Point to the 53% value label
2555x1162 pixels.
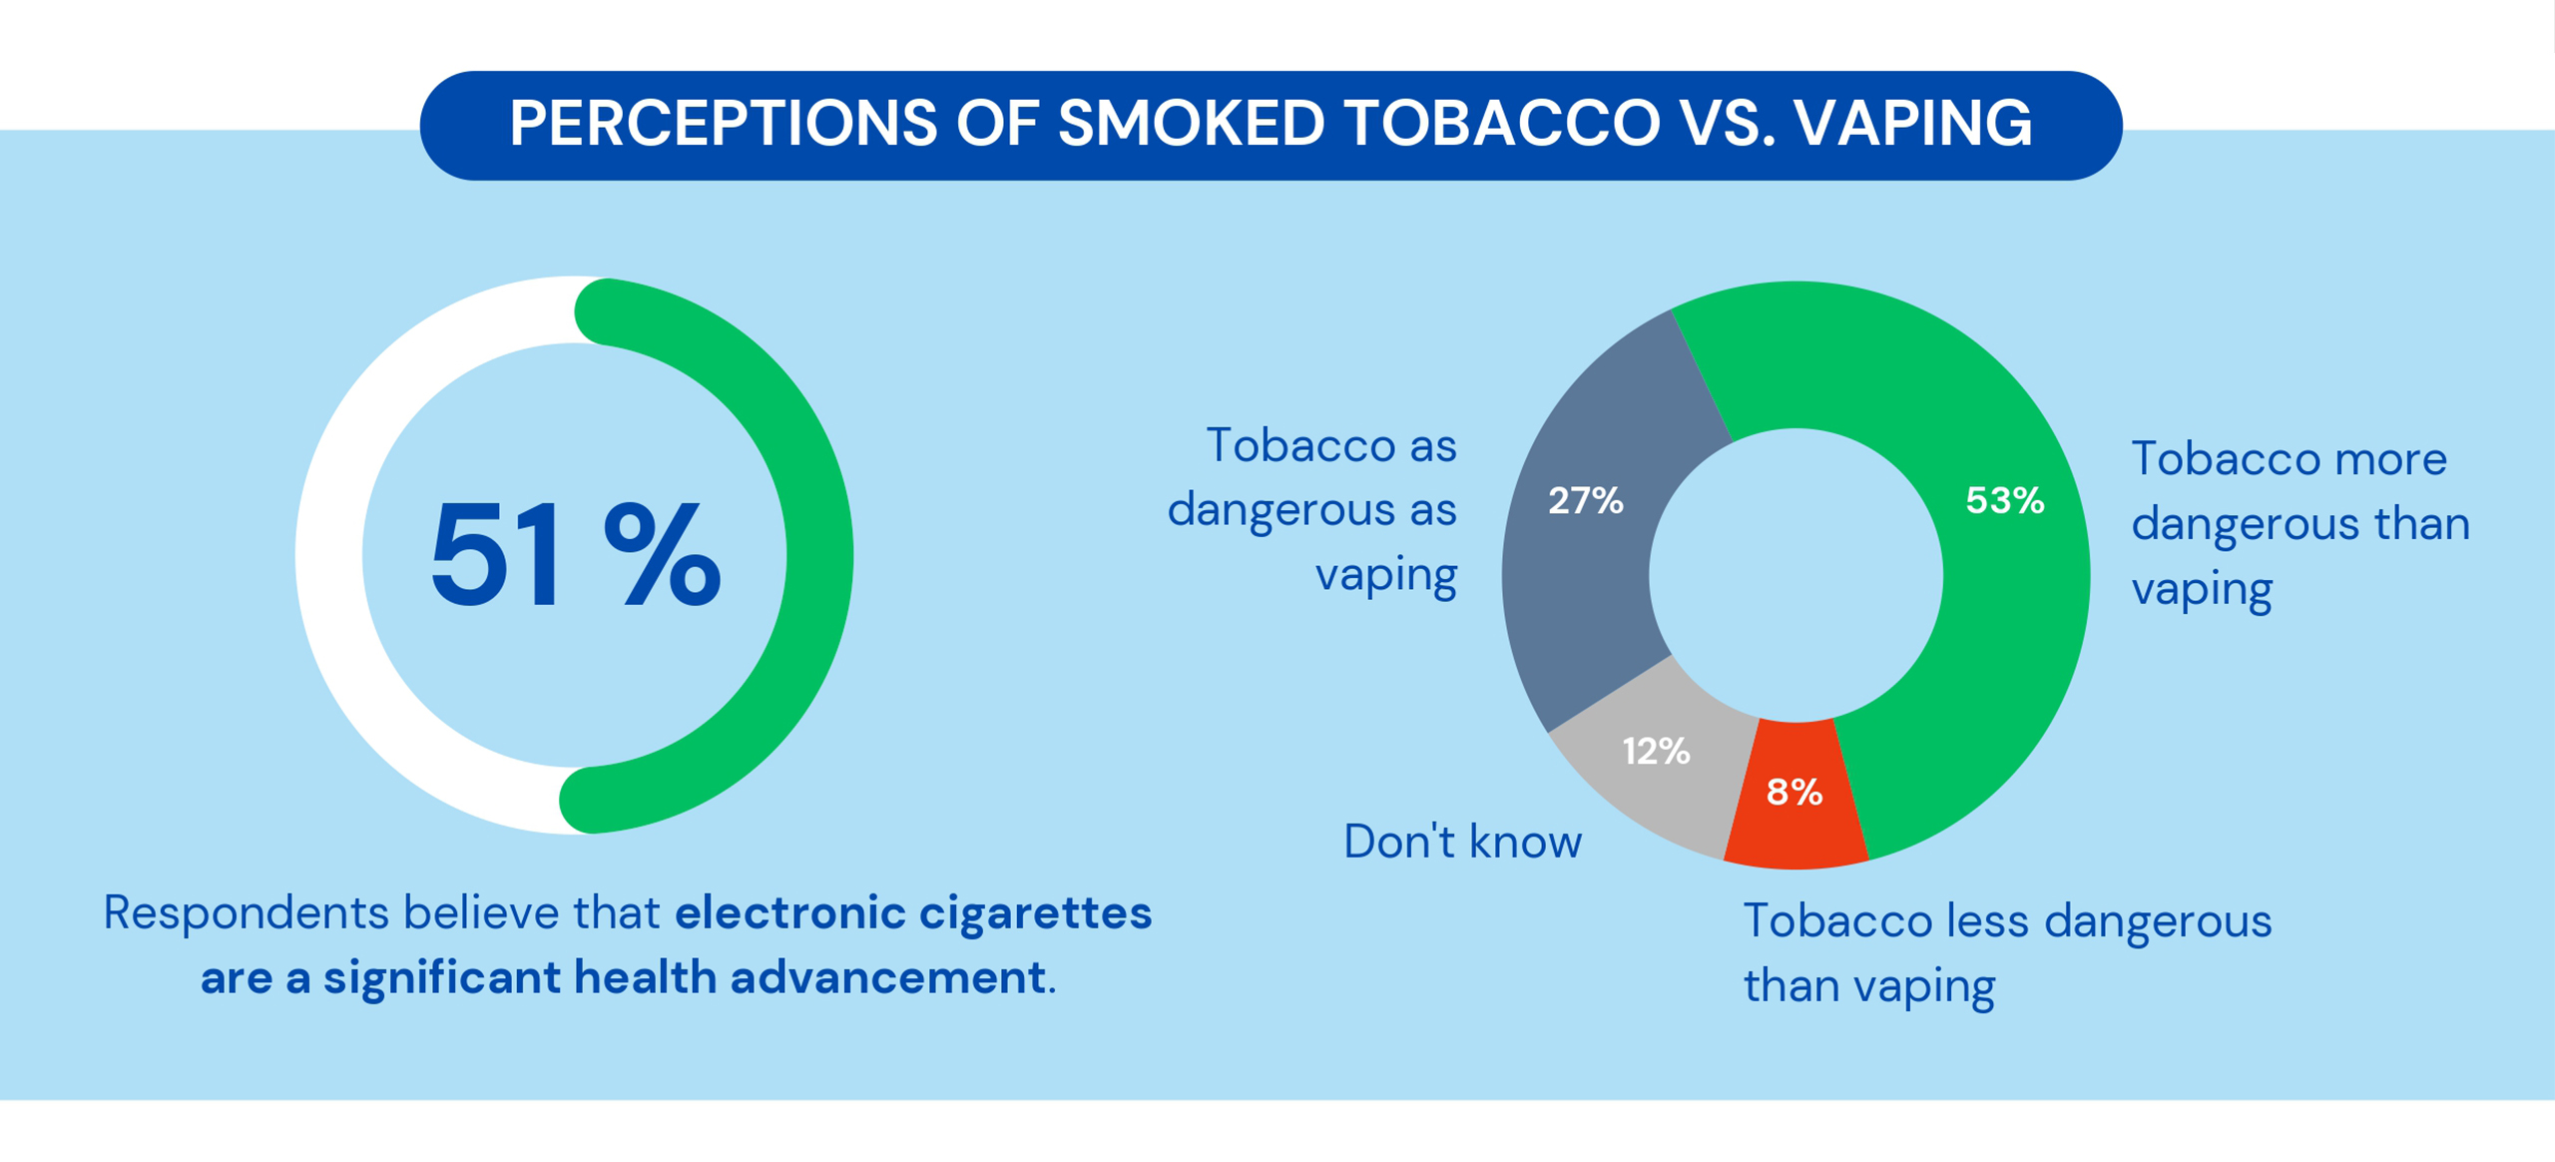click(x=2004, y=500)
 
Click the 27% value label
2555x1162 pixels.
click(x=1585, y=500)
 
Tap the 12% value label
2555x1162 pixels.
click(x=1656, y=751)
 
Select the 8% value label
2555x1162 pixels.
click(x=1793, y=793)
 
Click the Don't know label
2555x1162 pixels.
click(x=1462, y=842)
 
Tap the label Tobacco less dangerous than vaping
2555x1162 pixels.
click(x=2006, y=952)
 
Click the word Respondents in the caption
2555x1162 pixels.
click(x=246, y=913)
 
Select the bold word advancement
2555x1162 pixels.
click(x=887, y=977)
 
